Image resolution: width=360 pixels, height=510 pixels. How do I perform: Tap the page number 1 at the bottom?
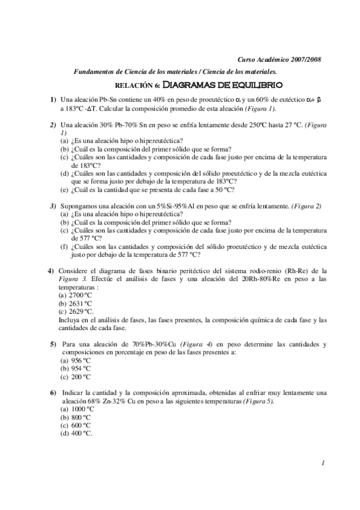tap(323, 463)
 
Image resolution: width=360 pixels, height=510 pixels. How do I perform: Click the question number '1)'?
tap(53, 99)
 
